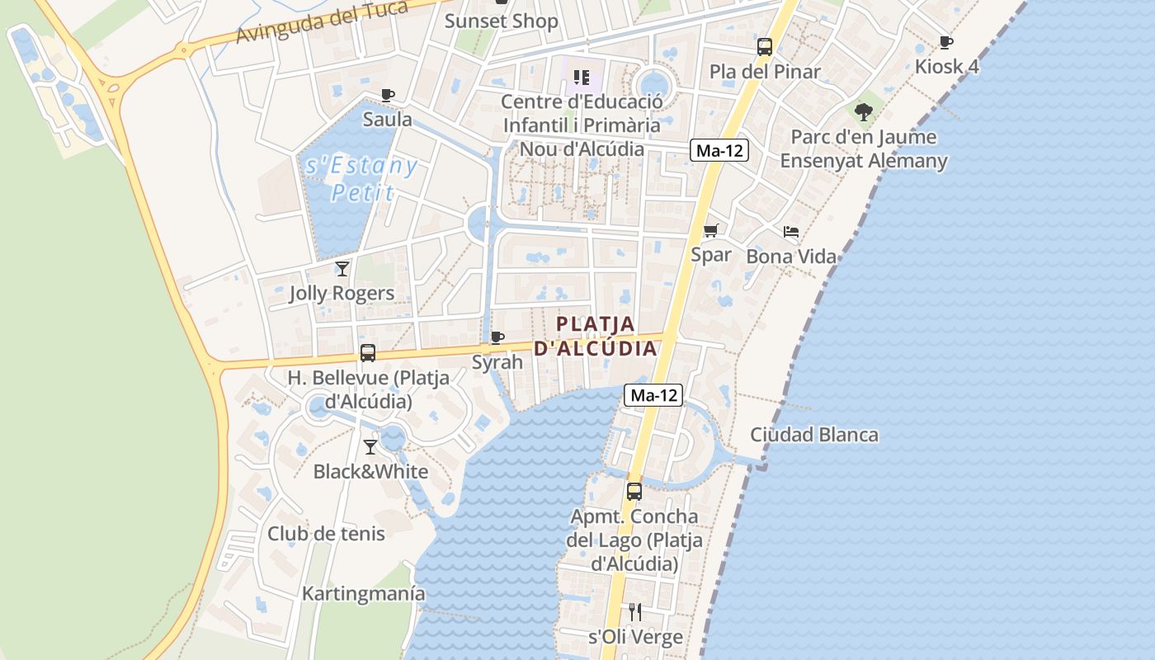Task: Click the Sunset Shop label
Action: pyautogui.click(x=502, y=21)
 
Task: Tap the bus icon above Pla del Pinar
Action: pyautogui.click(x=765, y=47)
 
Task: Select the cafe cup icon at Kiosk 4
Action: pyautogui.click(x=946, y=42)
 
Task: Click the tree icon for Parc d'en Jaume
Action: pyautogui.click(x=864, y=111)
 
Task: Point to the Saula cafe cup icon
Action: pyautogui.click(x=387, y=95)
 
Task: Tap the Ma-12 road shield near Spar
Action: pyautogui.click(x=719, y=150)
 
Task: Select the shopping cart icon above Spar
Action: pyautogui.click(x=710, y=231)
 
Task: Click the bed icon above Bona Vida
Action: pyautogui.click(x=791, y=232)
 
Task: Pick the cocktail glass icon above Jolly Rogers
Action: pyautogui.click(x=342, y=268)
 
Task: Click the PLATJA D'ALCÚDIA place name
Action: pyautogui.click(x=596, y=336)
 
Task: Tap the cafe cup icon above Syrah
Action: pyautogui.click(x=497, y=337)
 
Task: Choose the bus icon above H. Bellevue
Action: pyautogui.click(x=368, y=353)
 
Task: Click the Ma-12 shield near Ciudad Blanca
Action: pyautogui.click(x=653, y=395)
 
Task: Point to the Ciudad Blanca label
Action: pyautogui.click(x=814, y=435)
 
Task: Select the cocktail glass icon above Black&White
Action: pyautogui.click(x=370, y=446)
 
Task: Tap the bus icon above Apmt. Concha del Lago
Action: pyautogui.click(x=634, y=491)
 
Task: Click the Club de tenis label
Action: pyautogui.click(x=326, y=534)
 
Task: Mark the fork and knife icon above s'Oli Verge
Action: pyautogui.click(x=635, y=611)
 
